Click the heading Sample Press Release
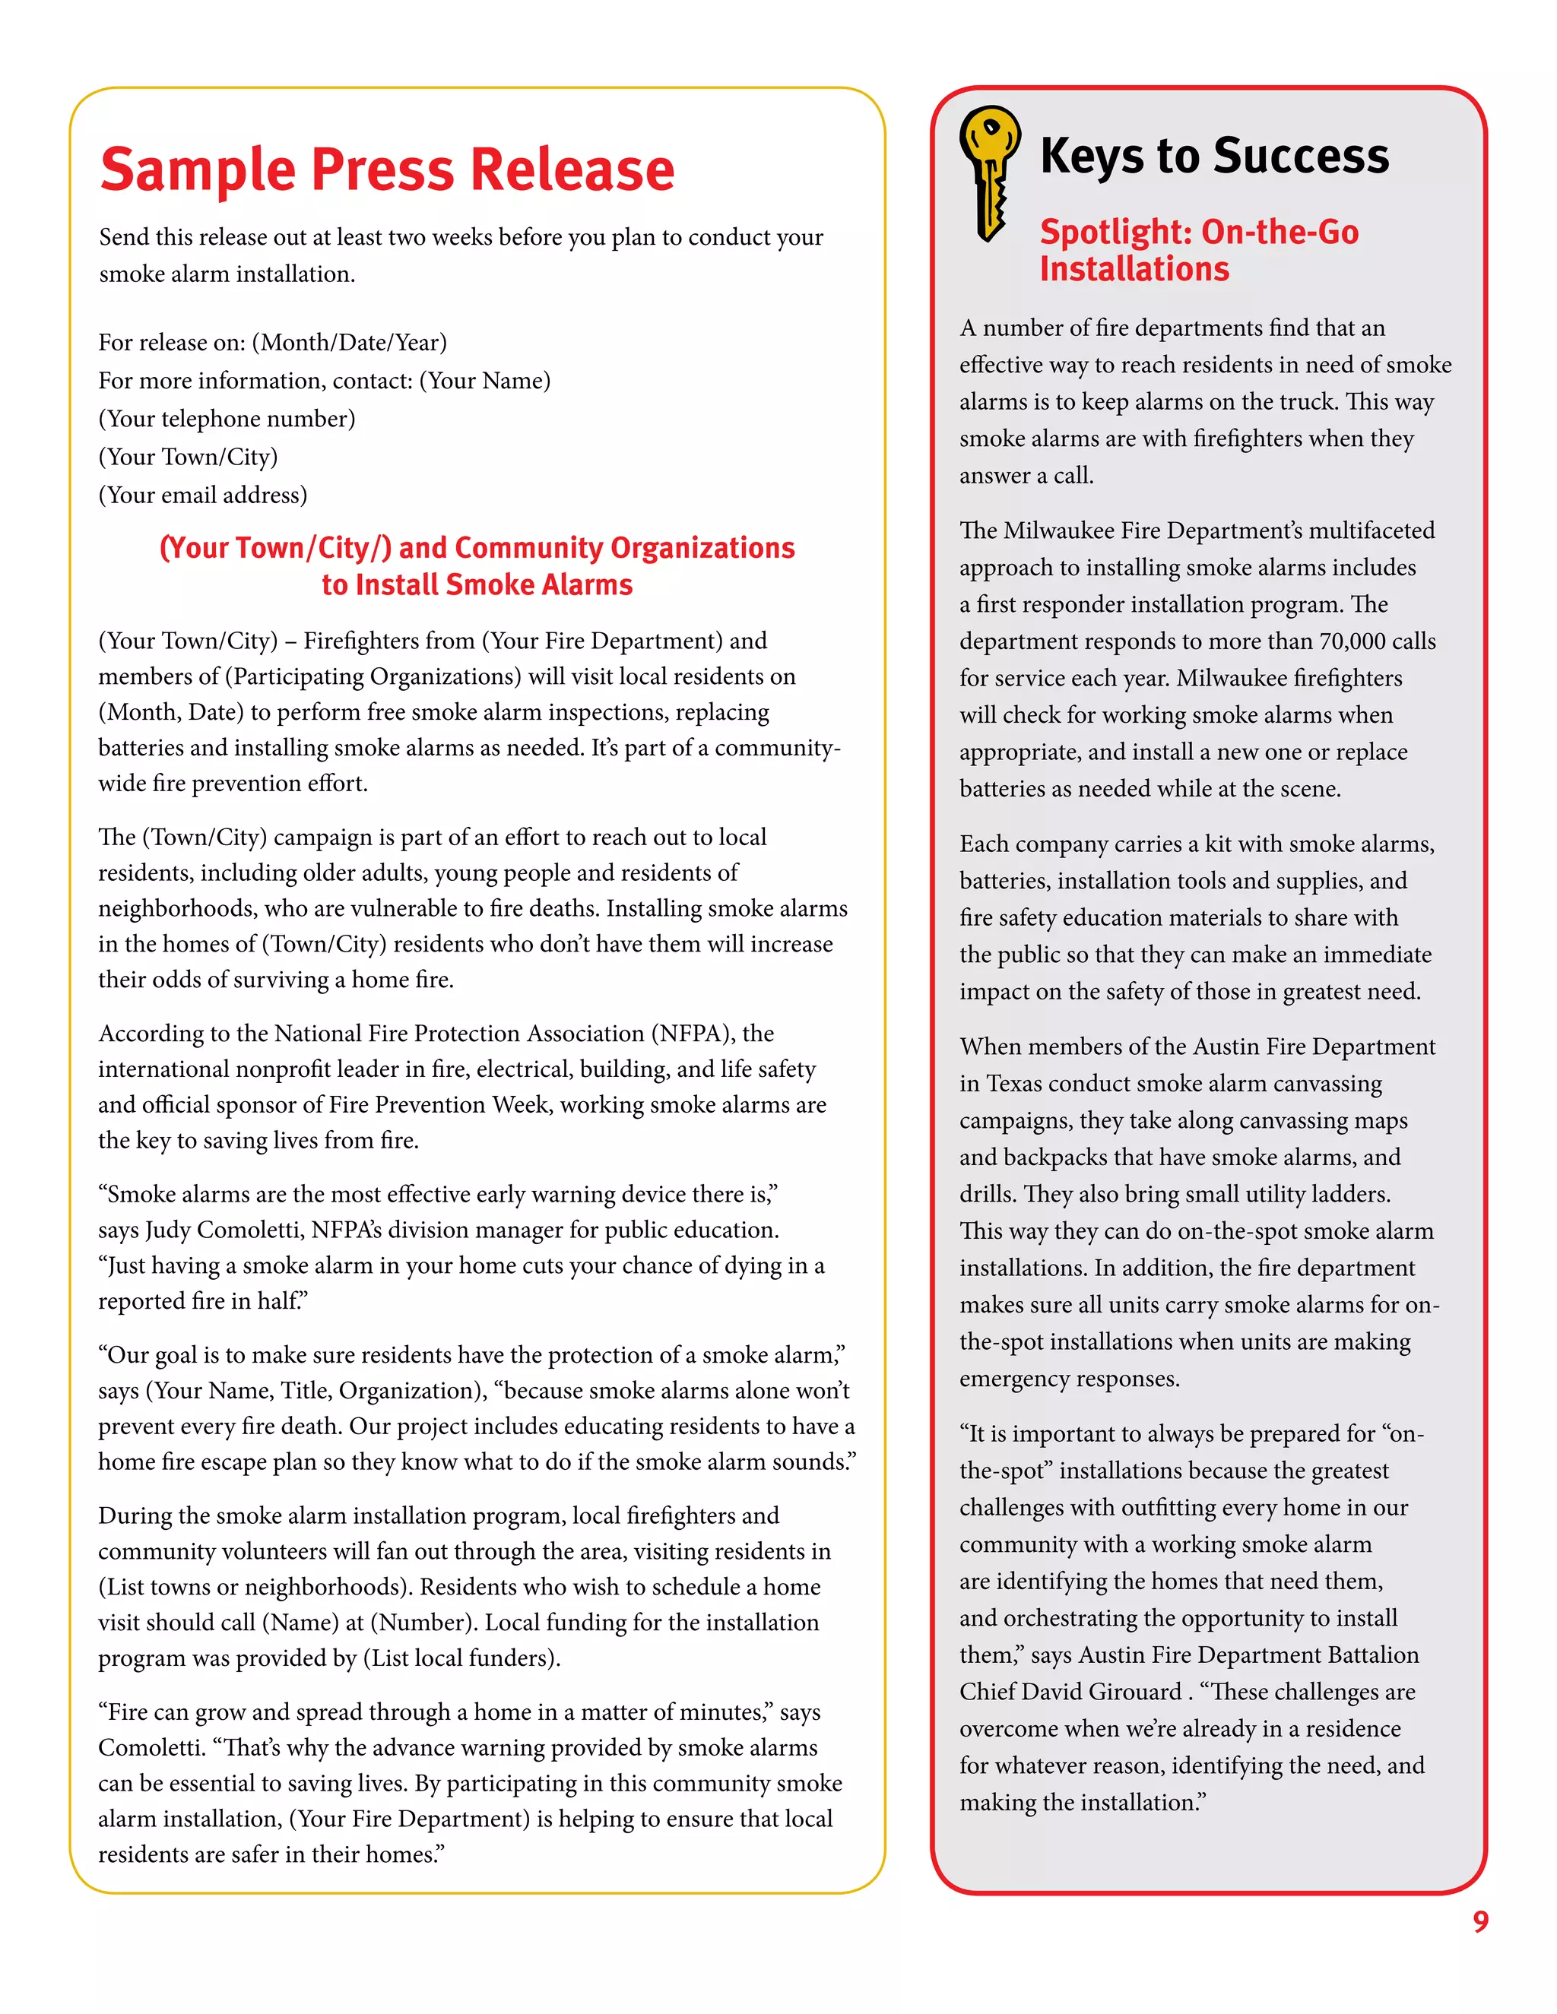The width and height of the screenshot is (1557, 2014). (x=388, y=169)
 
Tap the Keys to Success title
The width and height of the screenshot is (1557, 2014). (x=1214, y=156)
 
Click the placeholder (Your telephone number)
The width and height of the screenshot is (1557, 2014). (x=227, y=419)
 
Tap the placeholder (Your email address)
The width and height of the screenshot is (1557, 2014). (x=203, y=496)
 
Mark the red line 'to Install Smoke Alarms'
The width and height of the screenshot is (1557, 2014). (x=477, y=585)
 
